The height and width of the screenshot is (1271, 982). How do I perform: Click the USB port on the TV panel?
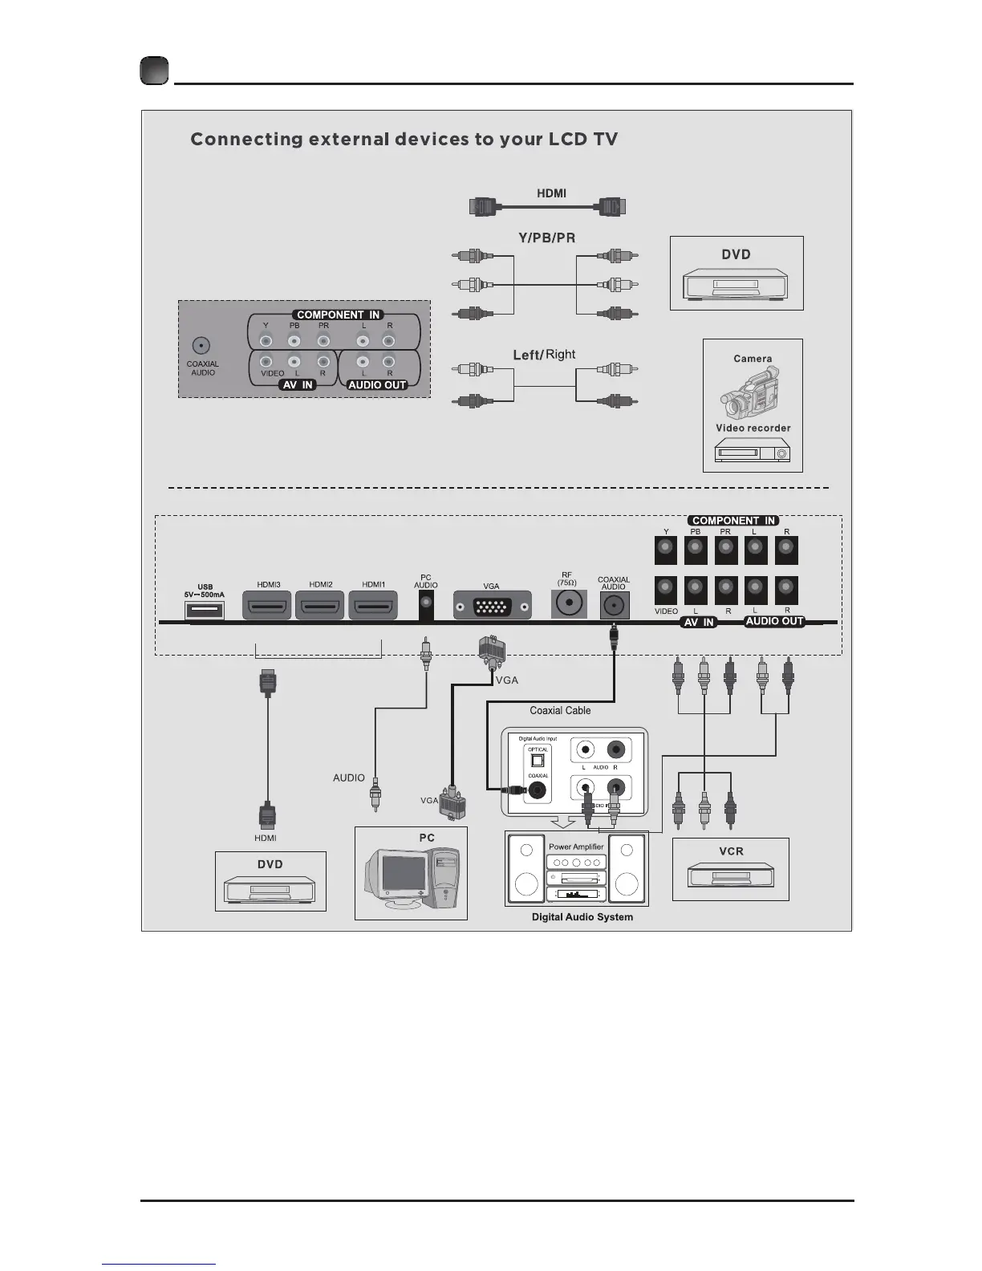[x=205, y=611]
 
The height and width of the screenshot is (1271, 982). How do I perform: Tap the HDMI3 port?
[x=267, y=606]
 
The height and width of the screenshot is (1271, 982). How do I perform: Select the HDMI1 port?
[x=373, y=606]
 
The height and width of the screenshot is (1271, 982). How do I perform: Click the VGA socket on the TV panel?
[x=492, y=607]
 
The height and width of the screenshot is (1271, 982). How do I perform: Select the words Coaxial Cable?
[x=560, y=710]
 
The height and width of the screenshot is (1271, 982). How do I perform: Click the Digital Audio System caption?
[x=582, y=917]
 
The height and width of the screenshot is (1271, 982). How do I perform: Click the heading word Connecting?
[x=245, y=140]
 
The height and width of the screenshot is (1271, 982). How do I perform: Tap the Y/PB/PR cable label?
[x=546, y=238]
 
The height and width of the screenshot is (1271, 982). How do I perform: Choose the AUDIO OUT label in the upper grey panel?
[x=377, y=385]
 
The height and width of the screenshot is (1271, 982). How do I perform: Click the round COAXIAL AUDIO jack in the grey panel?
[x=201, y=346]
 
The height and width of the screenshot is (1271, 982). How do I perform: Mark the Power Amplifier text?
[x=576, y=847]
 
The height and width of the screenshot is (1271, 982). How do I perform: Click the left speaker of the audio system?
[x=526, y=870]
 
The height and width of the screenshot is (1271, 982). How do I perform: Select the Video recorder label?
[x=753, y=428]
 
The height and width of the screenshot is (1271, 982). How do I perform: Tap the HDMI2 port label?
[x=321, y=585]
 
